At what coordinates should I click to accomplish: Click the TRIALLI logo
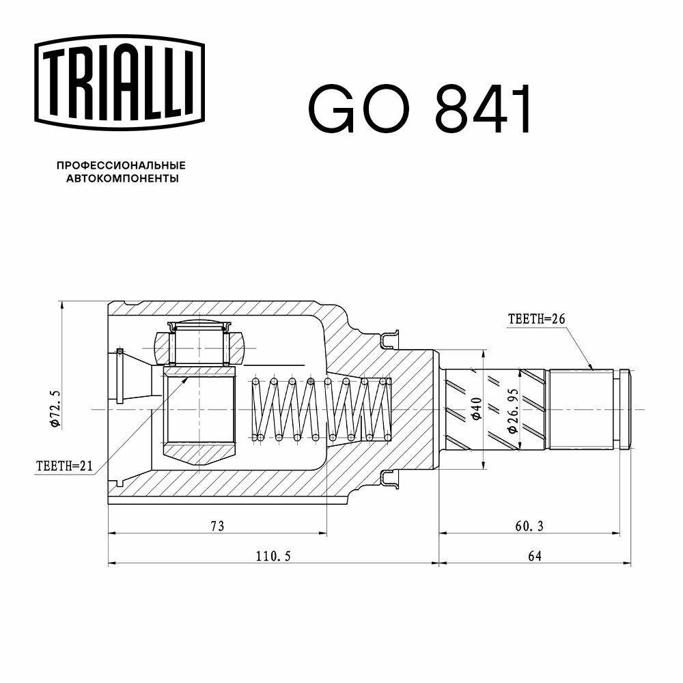click(120, 83)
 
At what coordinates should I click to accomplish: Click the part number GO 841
click(420, 109)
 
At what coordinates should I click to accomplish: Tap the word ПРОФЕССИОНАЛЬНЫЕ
click(121, 165)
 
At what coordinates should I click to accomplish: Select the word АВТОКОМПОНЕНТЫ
click(122, 178)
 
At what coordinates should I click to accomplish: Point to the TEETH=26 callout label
click(536, 319)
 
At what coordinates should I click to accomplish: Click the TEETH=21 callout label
click(64, 466)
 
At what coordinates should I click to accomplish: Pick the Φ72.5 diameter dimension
click(55, 409)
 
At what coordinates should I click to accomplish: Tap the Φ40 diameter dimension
click(477, 408)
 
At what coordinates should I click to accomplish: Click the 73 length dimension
click(217, 526)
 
